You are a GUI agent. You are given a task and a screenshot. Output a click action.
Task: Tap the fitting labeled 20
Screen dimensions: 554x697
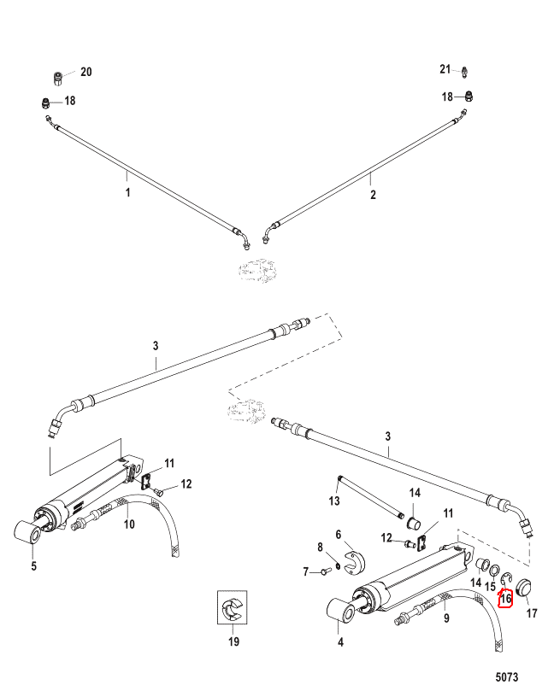coord(57,79)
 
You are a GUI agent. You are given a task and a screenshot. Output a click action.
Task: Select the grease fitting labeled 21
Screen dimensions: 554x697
coord(464,71)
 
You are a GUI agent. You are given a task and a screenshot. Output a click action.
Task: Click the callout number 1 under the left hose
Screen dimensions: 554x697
coord(127,192)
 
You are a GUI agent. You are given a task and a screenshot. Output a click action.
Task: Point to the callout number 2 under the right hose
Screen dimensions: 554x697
coord(373,194)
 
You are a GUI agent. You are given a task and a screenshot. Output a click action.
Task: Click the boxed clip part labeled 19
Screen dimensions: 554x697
coord(233,607)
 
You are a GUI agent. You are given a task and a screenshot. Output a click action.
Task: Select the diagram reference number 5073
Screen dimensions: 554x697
coord(507,677)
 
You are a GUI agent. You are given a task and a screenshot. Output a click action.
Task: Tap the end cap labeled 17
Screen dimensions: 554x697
coord(525,587)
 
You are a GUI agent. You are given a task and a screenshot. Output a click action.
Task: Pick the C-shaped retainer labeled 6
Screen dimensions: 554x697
coord(355,562)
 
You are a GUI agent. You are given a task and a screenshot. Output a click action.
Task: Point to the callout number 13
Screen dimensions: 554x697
coord(334,501)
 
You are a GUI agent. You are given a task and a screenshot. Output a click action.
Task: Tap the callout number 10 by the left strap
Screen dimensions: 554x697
coord(129,524)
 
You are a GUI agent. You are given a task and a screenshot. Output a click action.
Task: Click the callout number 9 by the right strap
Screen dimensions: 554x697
coord(446,618)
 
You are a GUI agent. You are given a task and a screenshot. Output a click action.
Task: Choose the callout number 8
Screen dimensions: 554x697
coord(320,548)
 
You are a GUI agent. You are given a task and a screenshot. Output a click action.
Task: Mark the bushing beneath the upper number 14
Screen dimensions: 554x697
coord(415,522)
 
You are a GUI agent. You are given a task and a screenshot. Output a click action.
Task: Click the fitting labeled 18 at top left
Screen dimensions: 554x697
coord(45,103)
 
